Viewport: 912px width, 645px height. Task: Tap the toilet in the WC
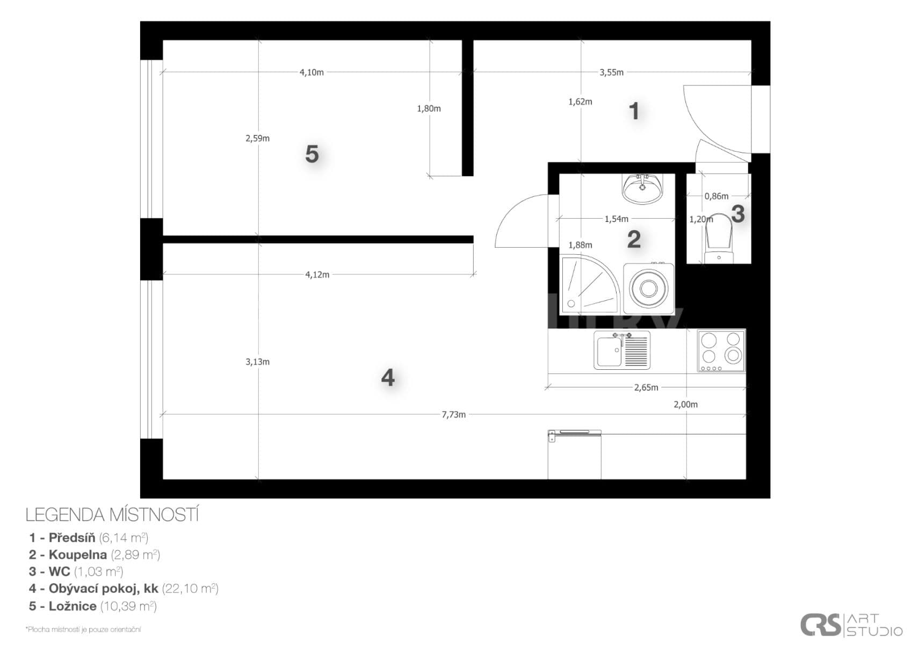pyautogui.click(x=719, y=239)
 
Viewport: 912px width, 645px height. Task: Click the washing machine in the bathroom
pyautogui.click(x=649, y=289)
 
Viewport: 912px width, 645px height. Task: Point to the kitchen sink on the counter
pyautogui.click(x=621, y=350)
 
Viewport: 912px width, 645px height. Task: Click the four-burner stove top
pyautogui.click(x=721, y=350)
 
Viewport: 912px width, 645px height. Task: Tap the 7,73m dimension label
pyautogui.click(x=454, y=414)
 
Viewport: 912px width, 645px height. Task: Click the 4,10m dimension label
pyautogui.click(x=312, y=72)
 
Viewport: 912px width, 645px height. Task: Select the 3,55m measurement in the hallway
pyautogui.click(x=611, y=72)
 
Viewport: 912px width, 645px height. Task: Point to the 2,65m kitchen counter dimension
pyautogui.click(x=646, y=387)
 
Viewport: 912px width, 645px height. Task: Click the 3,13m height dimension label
pyautogui.click(x=257, y=362)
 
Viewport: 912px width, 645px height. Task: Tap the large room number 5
pyautogui.click(x=312, y=154)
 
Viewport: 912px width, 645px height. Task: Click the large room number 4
pyautogui.click(x=388, y=378)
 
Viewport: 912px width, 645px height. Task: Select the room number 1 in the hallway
pyautogui.click(x=634, y=111)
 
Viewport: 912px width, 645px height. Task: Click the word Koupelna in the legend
pyautogui.click(x=78, y=554)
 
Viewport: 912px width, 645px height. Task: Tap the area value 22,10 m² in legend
pyautogui.click(x=190, y=589)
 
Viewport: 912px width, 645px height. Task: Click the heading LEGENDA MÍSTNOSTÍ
pyautogui.click(x=112, y=514)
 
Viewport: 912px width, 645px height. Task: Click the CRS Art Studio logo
pyautogui.click(x=851, y=625)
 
